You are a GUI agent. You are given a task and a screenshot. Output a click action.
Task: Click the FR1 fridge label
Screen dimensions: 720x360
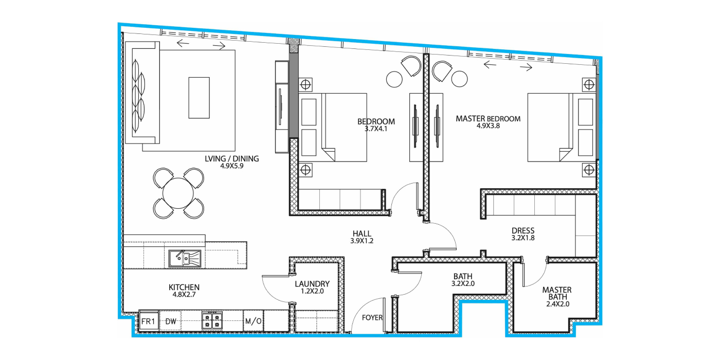tap(148, 321)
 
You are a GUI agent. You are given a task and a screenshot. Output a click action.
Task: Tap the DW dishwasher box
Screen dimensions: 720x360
tap(171, 321)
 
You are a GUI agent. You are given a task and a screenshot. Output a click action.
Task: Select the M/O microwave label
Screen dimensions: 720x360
tap(253, 321)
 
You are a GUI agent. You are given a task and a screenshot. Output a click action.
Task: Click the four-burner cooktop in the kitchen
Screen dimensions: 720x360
tap(212, 320)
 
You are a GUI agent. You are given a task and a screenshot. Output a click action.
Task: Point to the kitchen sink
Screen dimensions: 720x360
tap(185, 258)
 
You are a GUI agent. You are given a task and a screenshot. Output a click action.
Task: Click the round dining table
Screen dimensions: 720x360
tap(178, 193)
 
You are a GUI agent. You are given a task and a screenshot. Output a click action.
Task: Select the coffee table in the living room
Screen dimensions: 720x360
tap(199, 98)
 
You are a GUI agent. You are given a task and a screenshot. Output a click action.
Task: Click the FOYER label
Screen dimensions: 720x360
tap(372, 318)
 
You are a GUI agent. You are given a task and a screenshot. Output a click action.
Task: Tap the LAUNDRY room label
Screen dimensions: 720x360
tap(312, 284)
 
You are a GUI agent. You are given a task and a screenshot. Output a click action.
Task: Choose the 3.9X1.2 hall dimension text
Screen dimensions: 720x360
tap(362, 241)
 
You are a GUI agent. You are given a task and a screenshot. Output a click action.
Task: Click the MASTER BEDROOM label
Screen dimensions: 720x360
tap(488, 119)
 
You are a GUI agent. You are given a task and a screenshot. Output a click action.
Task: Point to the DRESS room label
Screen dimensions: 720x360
tap(523, 230)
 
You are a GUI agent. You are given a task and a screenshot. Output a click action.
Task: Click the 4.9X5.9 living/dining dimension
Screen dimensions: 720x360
tap(232, 166)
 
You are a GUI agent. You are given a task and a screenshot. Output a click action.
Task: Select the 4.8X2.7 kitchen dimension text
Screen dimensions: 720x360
tap(184, 294)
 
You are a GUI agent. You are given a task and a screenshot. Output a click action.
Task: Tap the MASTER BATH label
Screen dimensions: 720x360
tap(557, 293)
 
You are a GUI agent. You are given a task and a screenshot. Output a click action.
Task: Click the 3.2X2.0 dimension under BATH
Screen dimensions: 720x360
tap(463, 283)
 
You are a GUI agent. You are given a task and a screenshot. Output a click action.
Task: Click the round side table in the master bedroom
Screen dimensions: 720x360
tap(459, 79)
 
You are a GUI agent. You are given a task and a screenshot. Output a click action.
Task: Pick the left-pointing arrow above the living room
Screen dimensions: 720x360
tap(183, 43)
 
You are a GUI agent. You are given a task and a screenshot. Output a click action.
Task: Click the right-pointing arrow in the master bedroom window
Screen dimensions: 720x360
tap(526, 67)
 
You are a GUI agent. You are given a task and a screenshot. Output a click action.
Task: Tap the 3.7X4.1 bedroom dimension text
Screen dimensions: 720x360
tap(376, 129)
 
